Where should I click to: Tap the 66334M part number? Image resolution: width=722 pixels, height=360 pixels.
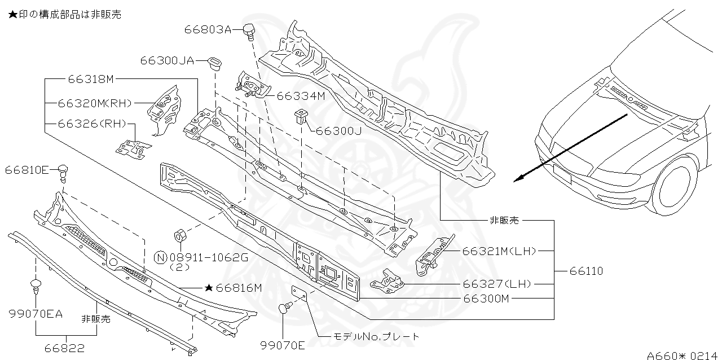pos(301,96)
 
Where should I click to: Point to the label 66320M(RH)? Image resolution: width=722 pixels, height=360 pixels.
pos(94,103)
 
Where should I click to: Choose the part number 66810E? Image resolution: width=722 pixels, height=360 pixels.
pos(27,169)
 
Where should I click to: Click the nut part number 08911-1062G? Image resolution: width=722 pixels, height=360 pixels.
pos(209,258)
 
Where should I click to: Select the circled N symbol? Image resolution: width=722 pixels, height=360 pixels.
pos(160,258)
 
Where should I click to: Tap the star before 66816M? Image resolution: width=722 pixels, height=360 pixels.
pos(208,288)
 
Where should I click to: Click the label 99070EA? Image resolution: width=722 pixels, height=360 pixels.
pos(36,313)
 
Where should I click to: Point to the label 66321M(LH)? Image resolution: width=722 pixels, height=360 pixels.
pos(499,251)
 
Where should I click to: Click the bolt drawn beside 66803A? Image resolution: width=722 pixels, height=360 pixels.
pos(249,31)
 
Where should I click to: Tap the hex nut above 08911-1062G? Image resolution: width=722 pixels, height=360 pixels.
pos(182,235)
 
